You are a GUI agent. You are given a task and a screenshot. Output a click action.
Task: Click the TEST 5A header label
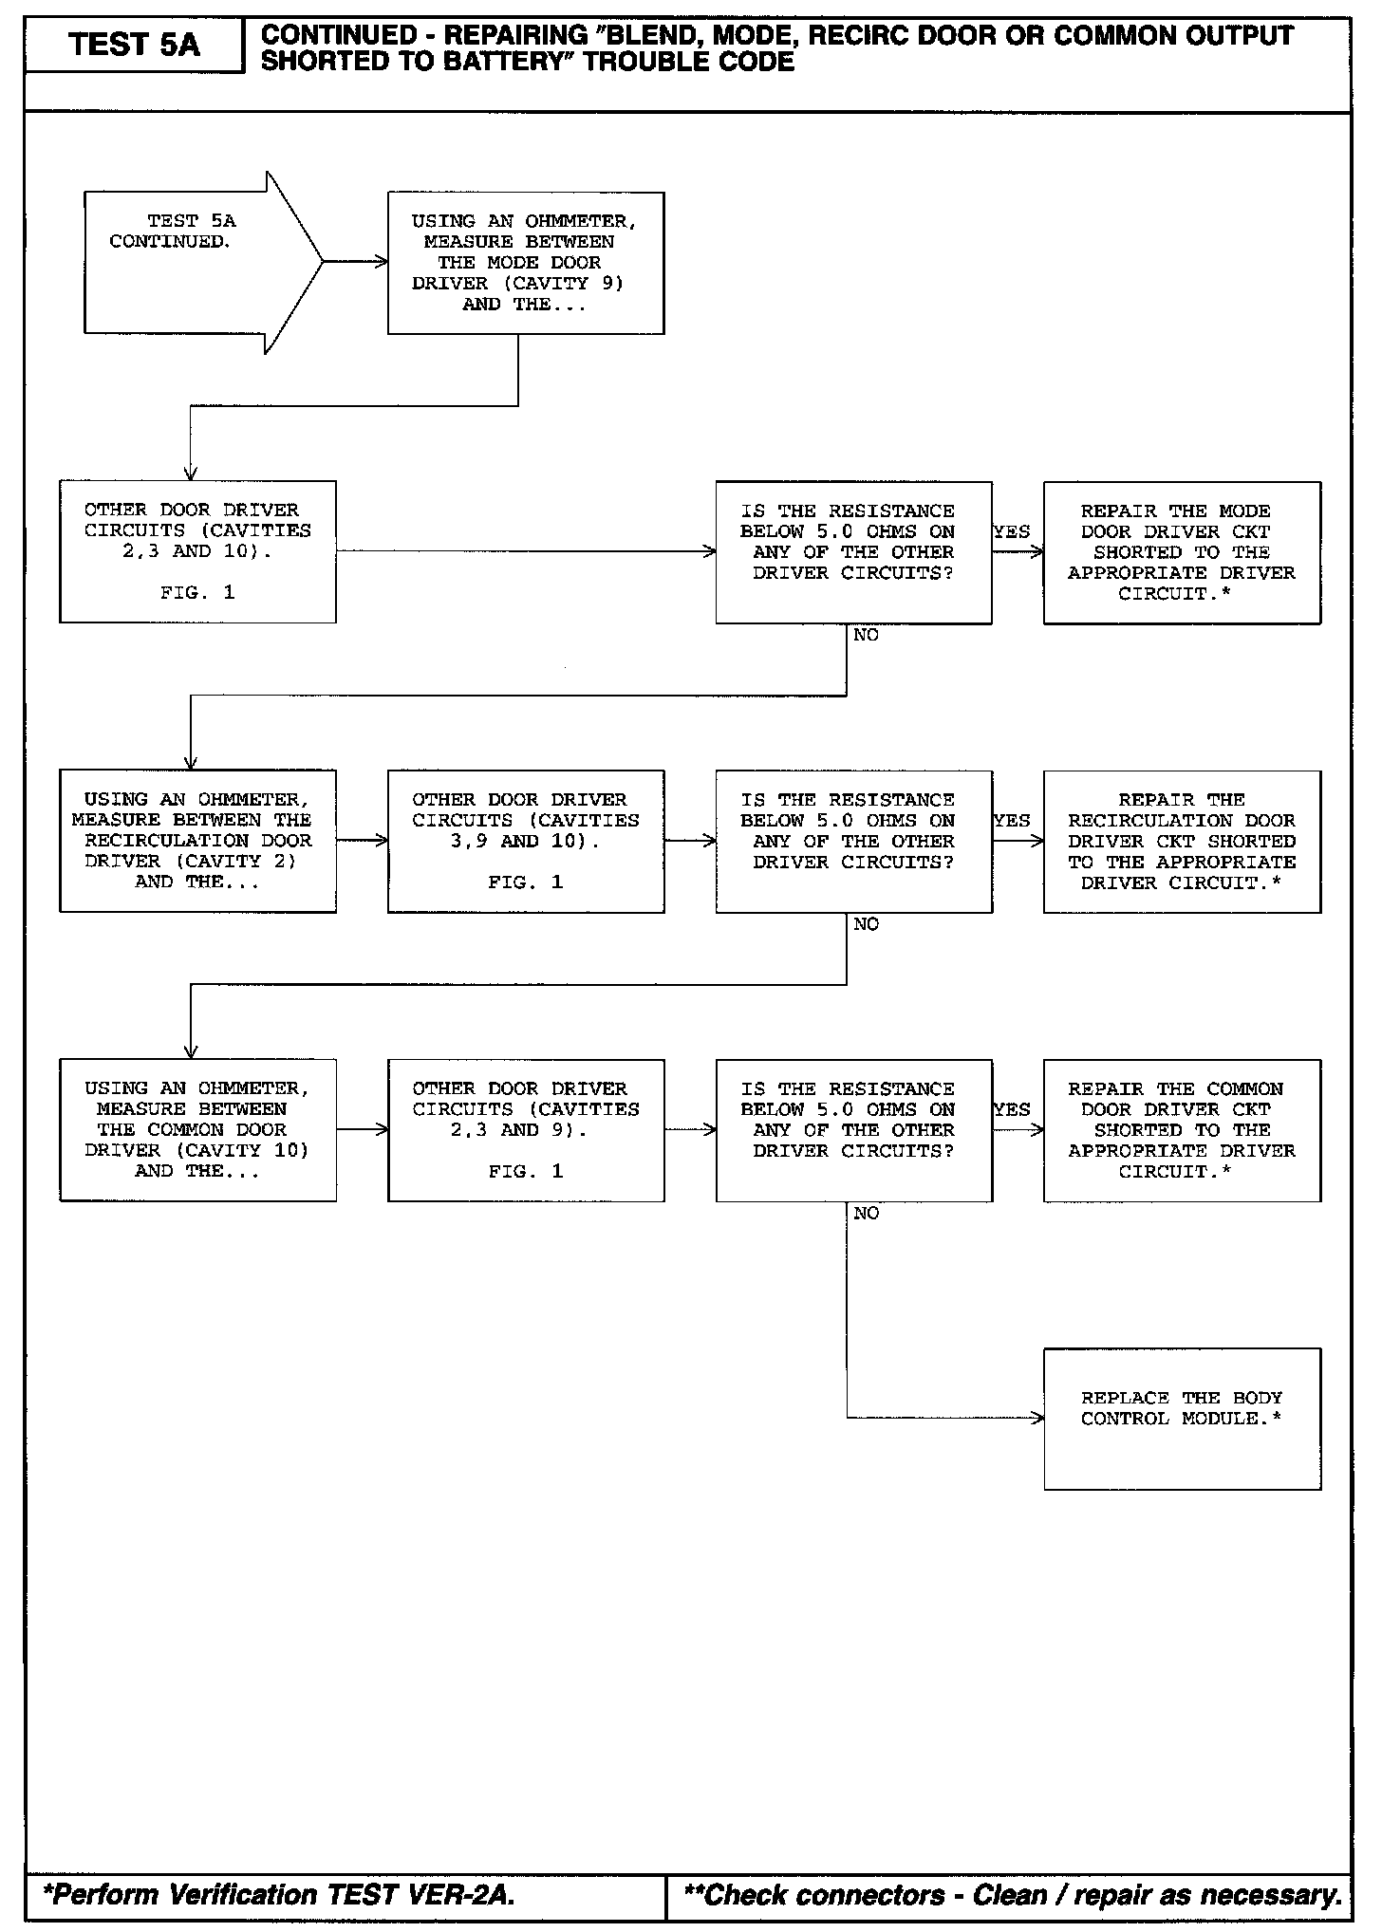(x=134, y=45)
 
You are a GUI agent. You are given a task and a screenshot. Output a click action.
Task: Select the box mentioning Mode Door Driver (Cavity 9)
(x=526, y=263)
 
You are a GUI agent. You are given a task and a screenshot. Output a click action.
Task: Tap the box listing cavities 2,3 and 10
(x=197, y=551)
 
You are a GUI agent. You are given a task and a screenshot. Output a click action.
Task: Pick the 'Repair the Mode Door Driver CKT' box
(x=1182, y=552)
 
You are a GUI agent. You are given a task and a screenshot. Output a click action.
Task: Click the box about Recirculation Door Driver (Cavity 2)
(x=197, y=841)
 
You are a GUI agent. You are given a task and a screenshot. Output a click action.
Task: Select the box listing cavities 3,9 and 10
(x=526, y=841)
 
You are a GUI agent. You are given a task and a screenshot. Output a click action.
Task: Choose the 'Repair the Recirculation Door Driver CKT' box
(x=1182, y=841)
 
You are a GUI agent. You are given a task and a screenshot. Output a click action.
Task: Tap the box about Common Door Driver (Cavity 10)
(x=197, y=1130)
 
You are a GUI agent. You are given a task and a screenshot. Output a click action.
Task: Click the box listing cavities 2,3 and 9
(x=526, y=1130)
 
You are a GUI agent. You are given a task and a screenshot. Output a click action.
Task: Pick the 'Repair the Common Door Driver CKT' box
(x=1182, y=1130)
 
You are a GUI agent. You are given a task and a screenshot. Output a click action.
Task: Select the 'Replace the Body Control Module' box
(x=1182, y=1419)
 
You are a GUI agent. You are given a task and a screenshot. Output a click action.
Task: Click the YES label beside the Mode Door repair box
(x=1012, y=532)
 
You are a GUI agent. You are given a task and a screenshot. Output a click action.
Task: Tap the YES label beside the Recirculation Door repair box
(x=1012, y=821)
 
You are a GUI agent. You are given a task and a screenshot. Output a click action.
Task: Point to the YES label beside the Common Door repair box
(x=1012, y=1109)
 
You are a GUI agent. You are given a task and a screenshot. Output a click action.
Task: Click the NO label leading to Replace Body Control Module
(x=866, y=1214)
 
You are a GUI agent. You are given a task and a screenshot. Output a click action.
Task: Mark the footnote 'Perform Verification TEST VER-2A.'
(x=279, y=1895)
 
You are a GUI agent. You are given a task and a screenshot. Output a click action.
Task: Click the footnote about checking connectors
(x=1012, y=1895)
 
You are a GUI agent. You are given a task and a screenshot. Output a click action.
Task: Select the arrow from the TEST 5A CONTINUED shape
(x=355, y=262)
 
